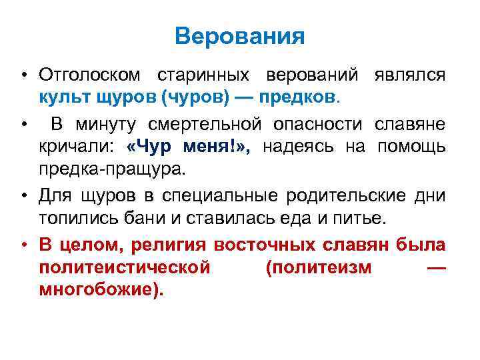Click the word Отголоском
click(x=91, y=75)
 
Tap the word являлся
click(x=410, y=75)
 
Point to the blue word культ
click(x=65, y=98)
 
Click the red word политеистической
click(x=125, y=267)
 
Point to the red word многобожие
click(x=99, y=291)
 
